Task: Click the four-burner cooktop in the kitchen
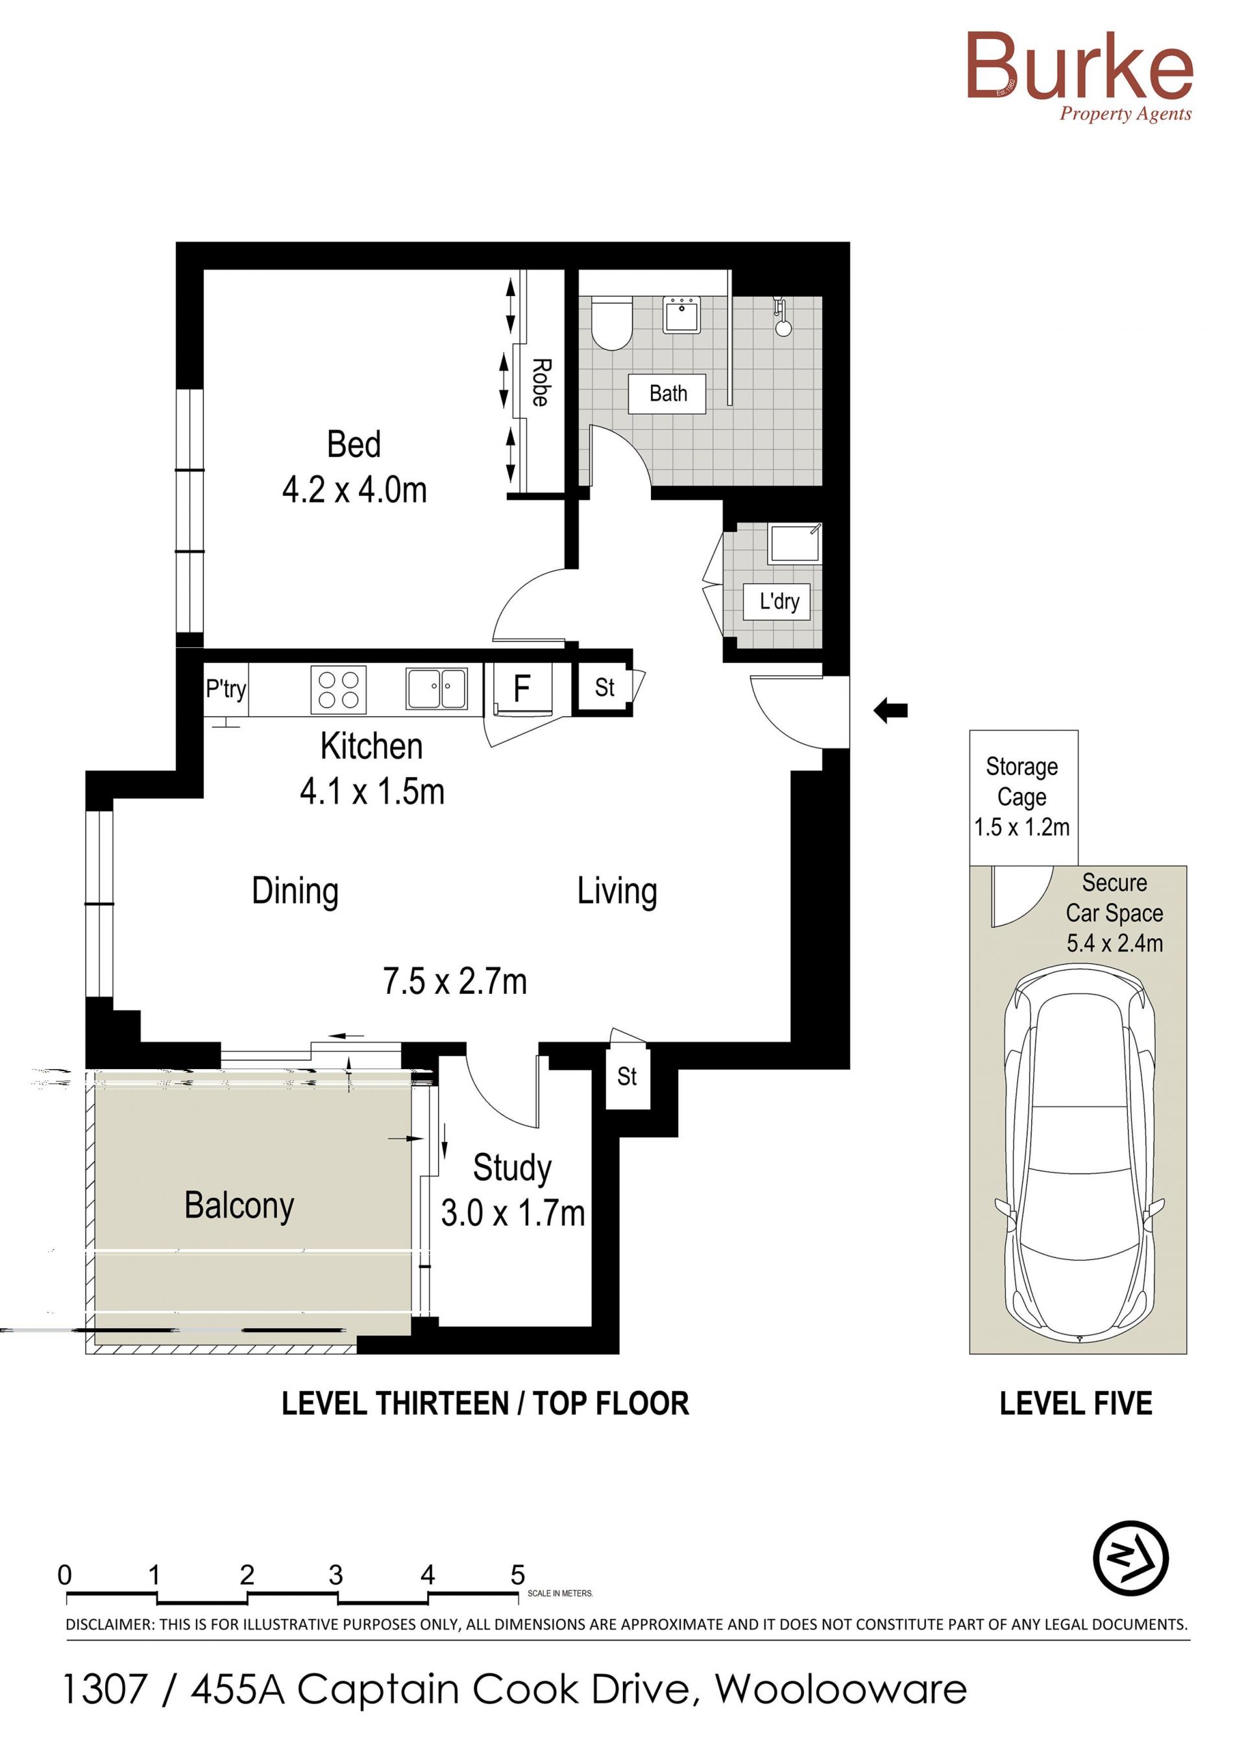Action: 338,689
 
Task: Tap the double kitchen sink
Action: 437,688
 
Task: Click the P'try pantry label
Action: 226,689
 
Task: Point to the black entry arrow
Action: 891,711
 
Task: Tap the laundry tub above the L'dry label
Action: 796,543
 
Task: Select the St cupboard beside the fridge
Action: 604,687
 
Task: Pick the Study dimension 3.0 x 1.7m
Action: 513,1213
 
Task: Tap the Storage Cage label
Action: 1022,782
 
